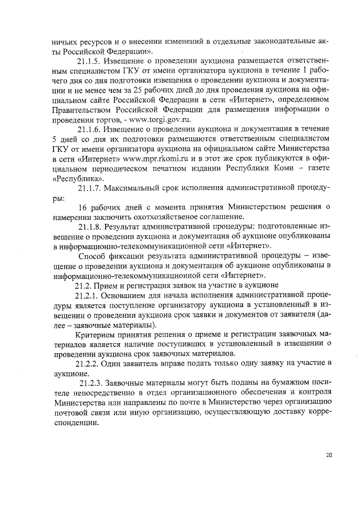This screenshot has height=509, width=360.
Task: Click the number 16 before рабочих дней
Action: (84, 207)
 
